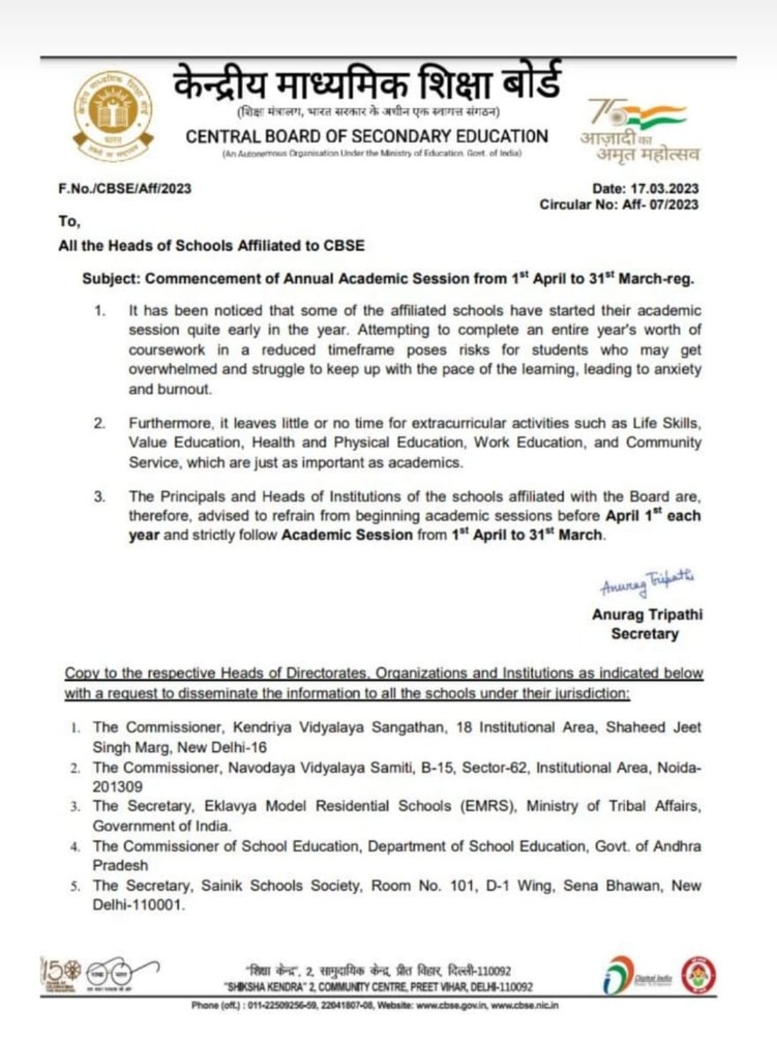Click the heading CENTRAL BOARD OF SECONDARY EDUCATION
366,137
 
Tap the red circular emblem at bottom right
700,974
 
